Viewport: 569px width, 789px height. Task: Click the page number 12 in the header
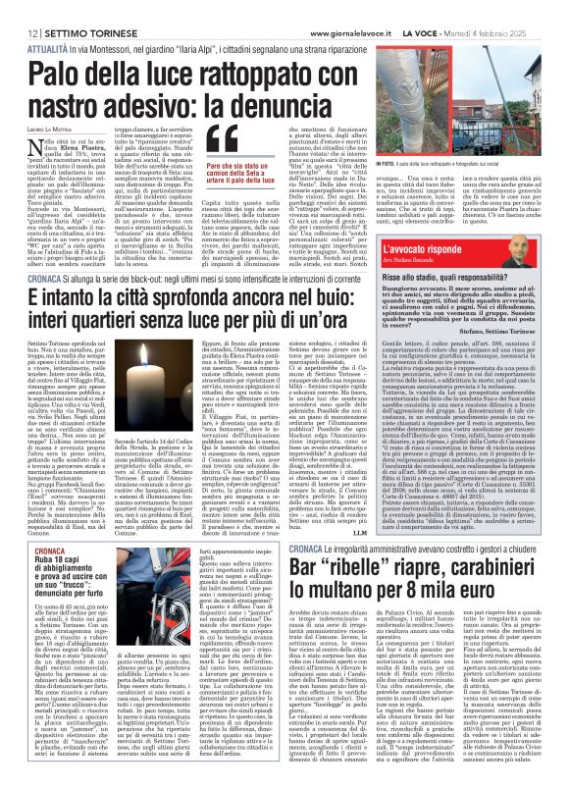[20, 10]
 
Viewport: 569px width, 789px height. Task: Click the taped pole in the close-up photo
[506, 108]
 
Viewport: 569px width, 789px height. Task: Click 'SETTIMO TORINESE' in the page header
[73, 10]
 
